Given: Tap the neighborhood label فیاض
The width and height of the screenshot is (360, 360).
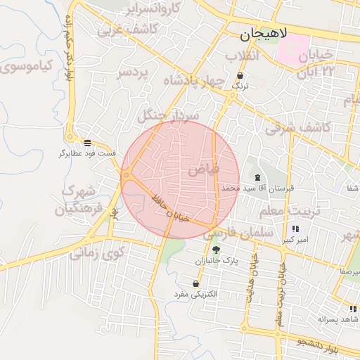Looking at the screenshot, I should pos(205,169).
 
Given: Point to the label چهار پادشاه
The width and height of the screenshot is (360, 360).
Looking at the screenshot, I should pos(192,81).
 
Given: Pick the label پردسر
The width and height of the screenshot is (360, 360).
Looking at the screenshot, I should pos(133,73).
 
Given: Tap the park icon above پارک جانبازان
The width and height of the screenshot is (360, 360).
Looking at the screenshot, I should pos(216,250).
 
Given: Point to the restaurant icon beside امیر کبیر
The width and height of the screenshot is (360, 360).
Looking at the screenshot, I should pos(295,229).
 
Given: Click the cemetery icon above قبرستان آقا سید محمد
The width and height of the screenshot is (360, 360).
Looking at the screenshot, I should pos(257,177).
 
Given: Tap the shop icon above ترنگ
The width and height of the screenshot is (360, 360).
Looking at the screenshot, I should pos(241,75).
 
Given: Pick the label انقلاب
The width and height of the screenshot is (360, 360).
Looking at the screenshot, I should pos(243,56).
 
